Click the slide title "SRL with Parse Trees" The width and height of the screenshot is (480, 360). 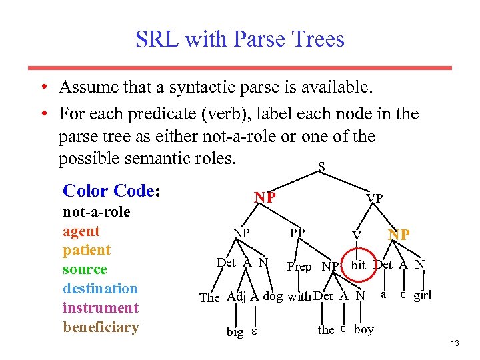pyautogui.click(x=240, y=39)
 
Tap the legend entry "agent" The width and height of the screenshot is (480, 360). pyautogui.click(x=81, y=231)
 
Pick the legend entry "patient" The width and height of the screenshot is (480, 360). pyautogui.click(x=87, y=250)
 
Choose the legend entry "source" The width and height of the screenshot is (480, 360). pyautogui.click(x=85, y=269)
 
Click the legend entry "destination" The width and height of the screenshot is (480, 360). pyautogui.click(x=100, y=289)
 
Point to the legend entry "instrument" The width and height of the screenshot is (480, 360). pyautogui.click(x=100, y=308)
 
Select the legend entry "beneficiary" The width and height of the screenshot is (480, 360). pyautogui.click(x=101, y=327)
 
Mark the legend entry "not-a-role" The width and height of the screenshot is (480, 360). pyautogui.click(x=97, y=212)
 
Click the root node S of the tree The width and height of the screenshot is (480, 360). pyautogui.click(x=322, y=167)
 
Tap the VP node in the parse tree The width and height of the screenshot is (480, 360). pyautogui.click(x=375, y=199)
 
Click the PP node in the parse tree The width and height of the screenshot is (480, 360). pyautogui.click(x=297, y=233)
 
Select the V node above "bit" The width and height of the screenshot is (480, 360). pyautogui.click(x=357, y=235)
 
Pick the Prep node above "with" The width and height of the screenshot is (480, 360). pyautogui.click(x=299, y=267)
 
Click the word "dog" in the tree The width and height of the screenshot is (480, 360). pyautogui.click(x=273, y=296)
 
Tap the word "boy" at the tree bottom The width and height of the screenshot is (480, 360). pyautogui.click(x=364, y=329)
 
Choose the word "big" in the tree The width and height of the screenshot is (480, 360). pyautogui.click(x=235, y=332)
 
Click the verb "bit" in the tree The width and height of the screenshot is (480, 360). pyautogui.click(x=359, y=265)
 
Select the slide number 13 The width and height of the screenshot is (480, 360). pyautogui.click(x=455, y=343)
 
